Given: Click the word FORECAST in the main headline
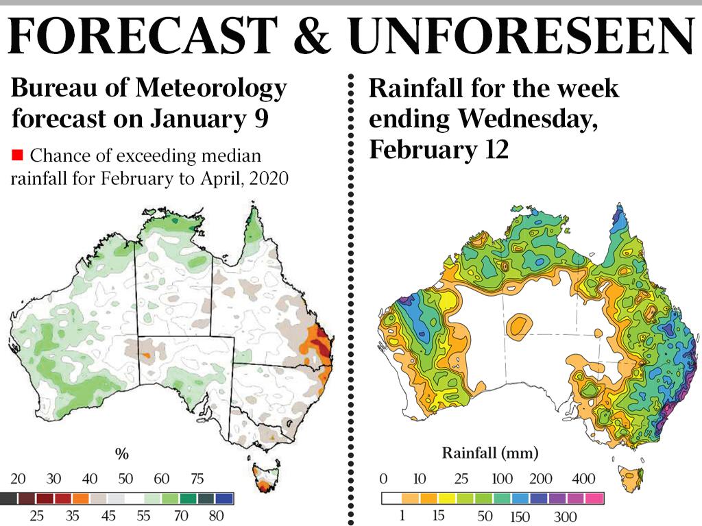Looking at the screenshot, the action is click(x=143, y=35).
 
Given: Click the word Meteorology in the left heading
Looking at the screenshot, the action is click(x=211, y=88).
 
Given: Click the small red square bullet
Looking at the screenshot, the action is click(x=17, y=155).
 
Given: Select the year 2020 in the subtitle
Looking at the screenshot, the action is click(x=269, y=179).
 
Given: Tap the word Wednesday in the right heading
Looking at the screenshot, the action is click(x=528, y=119).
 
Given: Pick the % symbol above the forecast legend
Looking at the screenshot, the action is click(x=122, y=453).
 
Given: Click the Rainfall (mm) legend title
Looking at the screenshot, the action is click(x=490, y=453).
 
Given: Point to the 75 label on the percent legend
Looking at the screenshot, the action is click(x=197, y=479).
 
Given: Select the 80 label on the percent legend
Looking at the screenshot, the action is click(x=216, y=516).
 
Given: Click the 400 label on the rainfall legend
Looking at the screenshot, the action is click(x=583, y=479).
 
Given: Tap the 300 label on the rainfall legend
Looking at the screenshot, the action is click(x=565, y=516).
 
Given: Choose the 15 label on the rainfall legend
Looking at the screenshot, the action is click(x=438, y=515).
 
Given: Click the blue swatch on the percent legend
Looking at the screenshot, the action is click(x=224, y=499).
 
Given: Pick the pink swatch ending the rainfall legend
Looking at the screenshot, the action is click(x=594, y=499).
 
